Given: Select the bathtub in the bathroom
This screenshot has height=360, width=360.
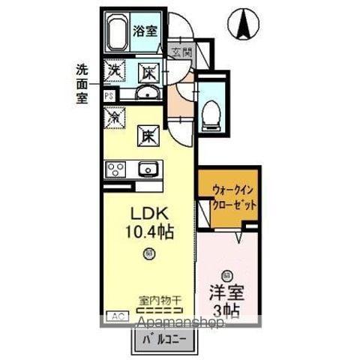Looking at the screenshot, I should point(118,34).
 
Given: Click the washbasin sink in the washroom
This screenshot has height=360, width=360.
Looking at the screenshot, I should point(148,93).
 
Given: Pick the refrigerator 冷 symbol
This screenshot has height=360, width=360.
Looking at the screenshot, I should point(115,117).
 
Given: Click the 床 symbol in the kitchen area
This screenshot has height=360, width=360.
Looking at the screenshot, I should point(148,137).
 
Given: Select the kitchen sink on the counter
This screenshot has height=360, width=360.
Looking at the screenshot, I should point(148,169).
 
